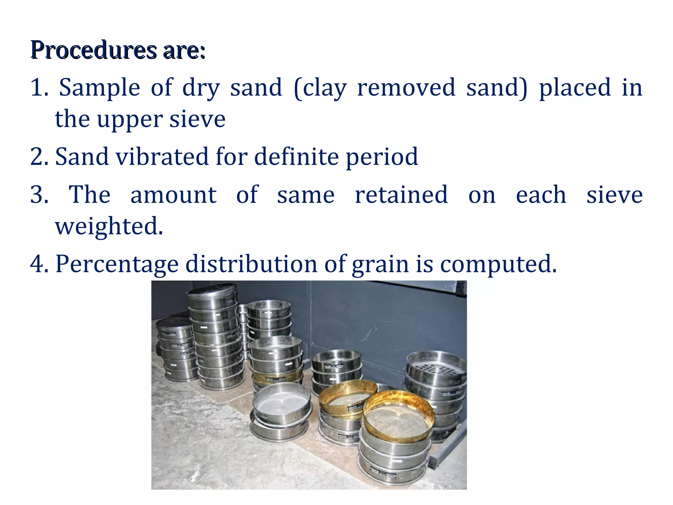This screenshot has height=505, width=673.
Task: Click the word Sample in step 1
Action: [x=99, y=87]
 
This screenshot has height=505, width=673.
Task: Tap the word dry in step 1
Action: [x=201, y=87]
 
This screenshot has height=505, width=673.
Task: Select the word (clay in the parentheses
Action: [x=320, y=87]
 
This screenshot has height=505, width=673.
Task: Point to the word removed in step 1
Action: [x=406, y=87]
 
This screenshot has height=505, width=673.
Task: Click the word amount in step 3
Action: [x=174, y=195]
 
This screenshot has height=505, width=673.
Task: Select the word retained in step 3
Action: [x=402, y=195]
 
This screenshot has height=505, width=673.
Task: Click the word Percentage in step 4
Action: [x=117, y=264]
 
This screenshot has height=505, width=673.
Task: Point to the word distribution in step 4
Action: [x=251, y=264]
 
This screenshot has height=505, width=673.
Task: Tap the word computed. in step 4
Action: [x=498, y=264]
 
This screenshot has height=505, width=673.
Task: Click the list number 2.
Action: [x=39, y=156]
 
